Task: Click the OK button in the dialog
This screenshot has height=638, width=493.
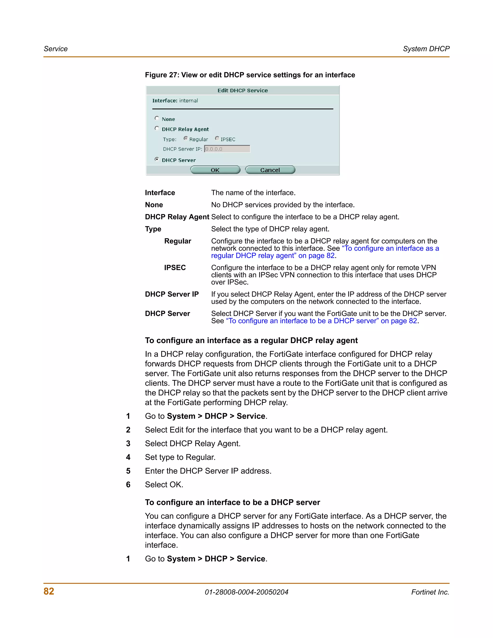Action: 215,170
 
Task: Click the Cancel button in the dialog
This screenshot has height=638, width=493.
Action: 270,170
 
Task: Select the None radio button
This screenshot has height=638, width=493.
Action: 157,118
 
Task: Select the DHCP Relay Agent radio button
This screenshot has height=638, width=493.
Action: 157,128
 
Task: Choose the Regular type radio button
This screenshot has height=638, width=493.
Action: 185,138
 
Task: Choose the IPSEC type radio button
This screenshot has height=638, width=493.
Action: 217,138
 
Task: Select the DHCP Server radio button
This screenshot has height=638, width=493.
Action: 157,159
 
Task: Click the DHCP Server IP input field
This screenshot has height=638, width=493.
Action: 227,149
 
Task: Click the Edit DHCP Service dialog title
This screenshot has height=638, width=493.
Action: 242,91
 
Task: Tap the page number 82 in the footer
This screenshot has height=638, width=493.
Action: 49,591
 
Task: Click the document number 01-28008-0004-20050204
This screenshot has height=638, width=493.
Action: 246,592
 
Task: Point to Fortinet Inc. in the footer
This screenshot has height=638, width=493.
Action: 430,592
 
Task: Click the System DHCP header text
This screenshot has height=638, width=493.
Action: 426,49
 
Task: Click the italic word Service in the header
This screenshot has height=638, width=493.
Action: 56,49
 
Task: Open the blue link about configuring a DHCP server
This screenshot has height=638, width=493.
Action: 321,321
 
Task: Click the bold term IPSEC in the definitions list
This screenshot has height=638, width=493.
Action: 175,267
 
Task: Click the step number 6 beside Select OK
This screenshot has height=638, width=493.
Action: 128,485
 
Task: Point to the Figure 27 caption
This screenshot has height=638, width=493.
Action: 250,75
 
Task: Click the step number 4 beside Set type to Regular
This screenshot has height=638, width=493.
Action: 128,457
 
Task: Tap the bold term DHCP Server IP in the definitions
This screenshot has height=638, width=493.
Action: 172,294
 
